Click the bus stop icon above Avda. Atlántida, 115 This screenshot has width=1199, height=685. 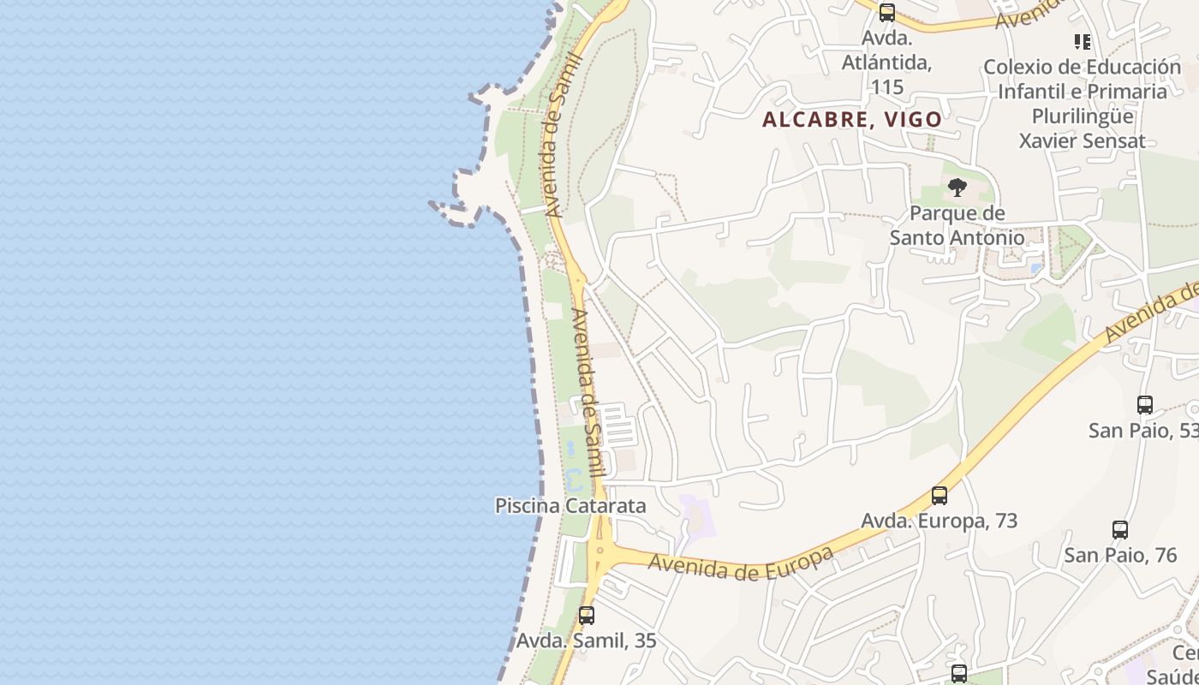(x=887, y=13)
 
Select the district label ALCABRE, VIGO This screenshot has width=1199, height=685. (x=852, y=119)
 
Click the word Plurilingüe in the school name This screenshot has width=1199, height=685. (x=1083, y=116)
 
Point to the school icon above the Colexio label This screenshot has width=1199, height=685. (x=1082, y=41)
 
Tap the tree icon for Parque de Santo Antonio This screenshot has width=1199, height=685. (x=957, y=188)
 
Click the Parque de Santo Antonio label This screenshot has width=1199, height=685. (x=957, y=225)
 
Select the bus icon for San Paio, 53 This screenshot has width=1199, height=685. (x=1144, y=404)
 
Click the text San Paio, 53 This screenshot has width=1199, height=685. (x=1143, y=430)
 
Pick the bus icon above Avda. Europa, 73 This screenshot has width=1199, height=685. (x=940, y=495)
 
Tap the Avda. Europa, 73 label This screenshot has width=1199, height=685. (x=940, y=521)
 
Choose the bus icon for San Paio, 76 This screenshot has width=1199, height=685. (x=1120, y=529)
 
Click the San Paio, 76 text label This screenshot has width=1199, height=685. (x=1120, y=555)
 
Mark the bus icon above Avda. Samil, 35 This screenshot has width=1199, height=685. (x=587, y=615)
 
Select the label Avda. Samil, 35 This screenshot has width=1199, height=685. (x=586, y=640)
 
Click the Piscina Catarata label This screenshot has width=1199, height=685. (x=570, y=505)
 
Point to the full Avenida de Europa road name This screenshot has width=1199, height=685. (x=741, y=562)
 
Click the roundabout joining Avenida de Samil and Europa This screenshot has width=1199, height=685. (x=599, y=549)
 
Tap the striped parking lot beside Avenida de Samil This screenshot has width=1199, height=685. (x=618, y=425)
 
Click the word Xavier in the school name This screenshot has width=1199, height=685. (x=1047, y=140)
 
